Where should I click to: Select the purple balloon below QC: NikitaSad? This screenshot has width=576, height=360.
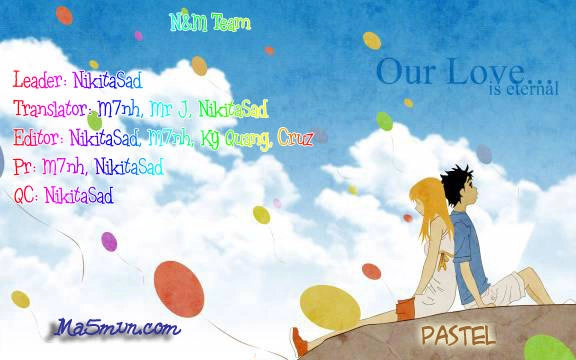click(x=109, y=241)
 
